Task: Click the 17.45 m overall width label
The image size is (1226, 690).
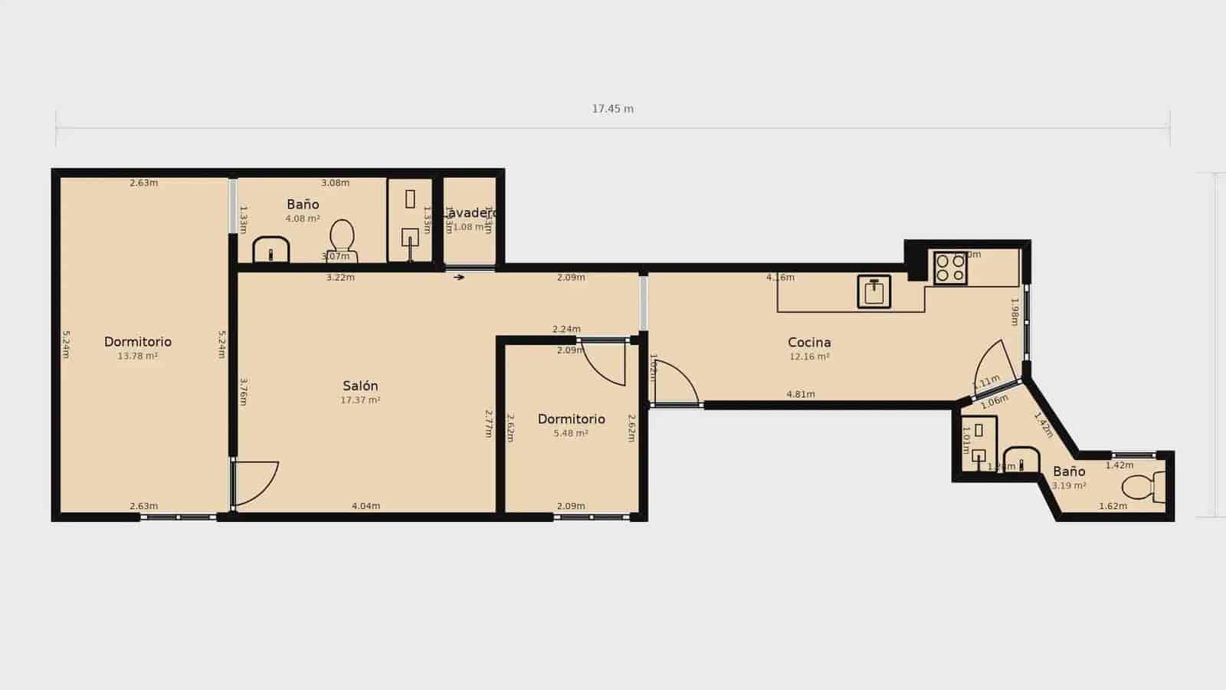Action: click(x=612, y=109)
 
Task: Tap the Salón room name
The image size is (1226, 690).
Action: click(x=360, y=386)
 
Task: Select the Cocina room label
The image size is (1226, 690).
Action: click(x=809, y=342)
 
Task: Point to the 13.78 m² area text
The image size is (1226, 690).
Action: click(x=138, y=356)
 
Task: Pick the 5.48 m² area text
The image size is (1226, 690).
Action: click(x=571, y=433)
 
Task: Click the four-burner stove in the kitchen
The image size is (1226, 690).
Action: click(x=950, y=268)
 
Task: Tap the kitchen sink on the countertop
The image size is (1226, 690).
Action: click(x=874, y=291)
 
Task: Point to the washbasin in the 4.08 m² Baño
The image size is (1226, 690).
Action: click(x=270, y=250)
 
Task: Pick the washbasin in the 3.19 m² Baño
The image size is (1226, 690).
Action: click(x=1021, y=460)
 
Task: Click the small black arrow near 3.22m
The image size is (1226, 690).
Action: click(x=459, y=278)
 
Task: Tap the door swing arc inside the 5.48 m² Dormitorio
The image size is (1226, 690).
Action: click(x=605, y=365)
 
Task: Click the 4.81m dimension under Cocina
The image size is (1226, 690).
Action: click(x=801, y=394)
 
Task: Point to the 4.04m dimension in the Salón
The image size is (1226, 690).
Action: click(x=366, y=506)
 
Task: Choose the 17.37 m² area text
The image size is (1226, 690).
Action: click(x=360, y=400)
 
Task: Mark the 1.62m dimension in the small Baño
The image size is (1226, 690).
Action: click(x=1113, y=506)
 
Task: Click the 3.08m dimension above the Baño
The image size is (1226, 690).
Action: click(x=335, y=182)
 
